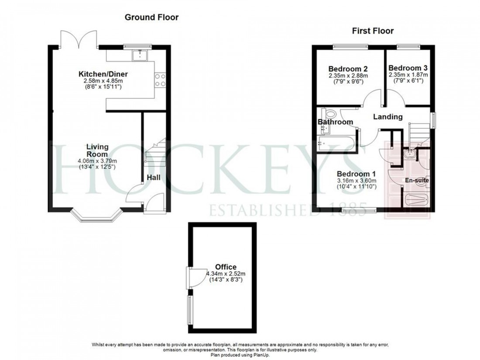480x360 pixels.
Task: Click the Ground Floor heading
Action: pyautogui.click(x=151, y=17)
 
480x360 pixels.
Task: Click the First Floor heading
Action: pyautogui.click(x=373, y=31)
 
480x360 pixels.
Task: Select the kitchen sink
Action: pyautogui.click(x=140, y=55)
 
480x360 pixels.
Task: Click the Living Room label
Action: pyautogui.click(x=97, y=151)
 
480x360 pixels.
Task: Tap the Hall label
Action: pyautogui.click(x=153, y=178)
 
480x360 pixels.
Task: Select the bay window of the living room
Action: pyautogui.click(x=96, y=216)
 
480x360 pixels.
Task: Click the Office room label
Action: pyautogui.click(x=226, y=267)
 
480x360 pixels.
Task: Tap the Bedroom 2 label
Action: pyautogui.click(x=348, y=69)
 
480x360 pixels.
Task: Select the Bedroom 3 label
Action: pyautogui.click(x=408, y=69)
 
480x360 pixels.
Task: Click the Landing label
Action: pyautogui.click(x=387, y=117)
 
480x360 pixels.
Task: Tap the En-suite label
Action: pyautogui.click(x=418, y=180)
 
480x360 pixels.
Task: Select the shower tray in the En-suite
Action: pyautogui.click(x=416, y=201)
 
